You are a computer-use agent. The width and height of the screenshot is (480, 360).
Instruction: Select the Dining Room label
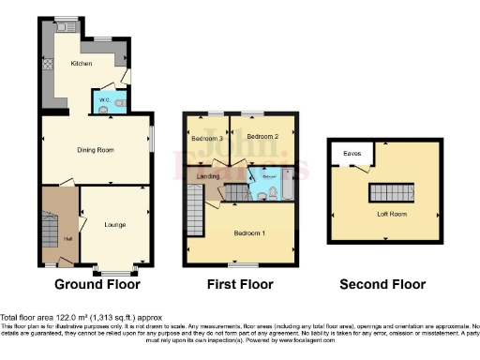point(95,149)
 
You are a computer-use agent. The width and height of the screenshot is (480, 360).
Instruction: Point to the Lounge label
point(114,225)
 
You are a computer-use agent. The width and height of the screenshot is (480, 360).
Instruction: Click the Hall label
point(67,239)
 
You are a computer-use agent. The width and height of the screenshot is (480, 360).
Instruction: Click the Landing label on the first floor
point(208,175)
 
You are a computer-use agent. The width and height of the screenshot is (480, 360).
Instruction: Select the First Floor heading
point(241,284)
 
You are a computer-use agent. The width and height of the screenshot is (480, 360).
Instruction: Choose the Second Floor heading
point(382,284)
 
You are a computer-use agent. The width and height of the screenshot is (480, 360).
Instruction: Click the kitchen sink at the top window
point(66,28)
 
